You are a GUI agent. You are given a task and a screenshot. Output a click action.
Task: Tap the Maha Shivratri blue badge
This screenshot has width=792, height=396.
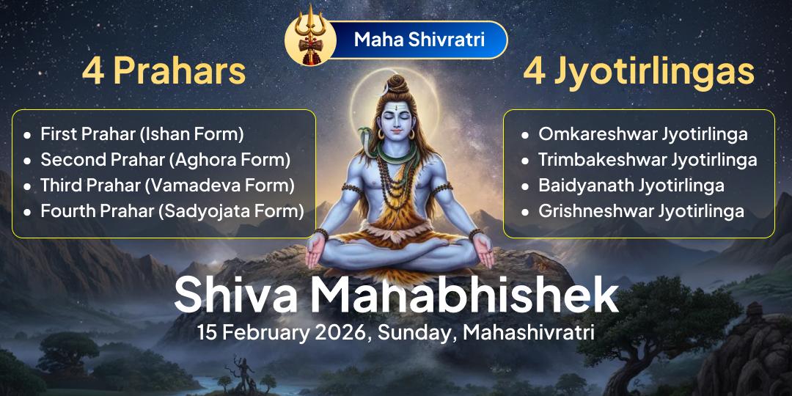click(419, 40)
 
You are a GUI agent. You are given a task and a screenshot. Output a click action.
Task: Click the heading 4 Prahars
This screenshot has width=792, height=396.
click(164, 72)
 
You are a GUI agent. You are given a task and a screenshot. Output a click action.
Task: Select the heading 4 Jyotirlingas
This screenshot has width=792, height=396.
click(638, 72)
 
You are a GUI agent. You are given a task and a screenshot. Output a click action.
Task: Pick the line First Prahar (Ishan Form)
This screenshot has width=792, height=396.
click(142, 134)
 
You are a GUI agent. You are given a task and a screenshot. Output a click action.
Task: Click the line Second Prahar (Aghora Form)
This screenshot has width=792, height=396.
click(165, 159)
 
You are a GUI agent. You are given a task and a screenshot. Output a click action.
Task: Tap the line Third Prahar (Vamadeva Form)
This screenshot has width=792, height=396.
click(167, 185)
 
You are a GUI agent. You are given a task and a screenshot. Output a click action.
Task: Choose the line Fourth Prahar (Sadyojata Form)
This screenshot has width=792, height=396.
click(172, 211)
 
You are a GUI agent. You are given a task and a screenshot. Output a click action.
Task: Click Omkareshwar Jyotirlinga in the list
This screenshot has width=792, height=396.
click(643, 134)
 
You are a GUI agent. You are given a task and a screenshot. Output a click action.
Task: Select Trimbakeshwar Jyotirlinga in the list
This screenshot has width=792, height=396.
click(648, 159)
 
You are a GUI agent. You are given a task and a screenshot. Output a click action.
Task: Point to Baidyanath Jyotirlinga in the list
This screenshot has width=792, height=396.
click(631, 185)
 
